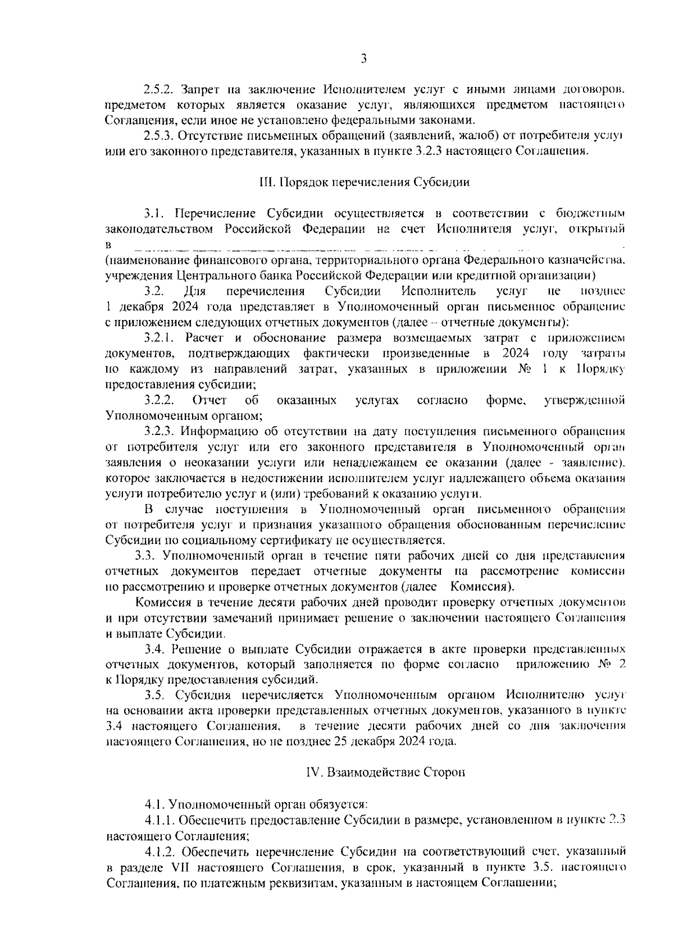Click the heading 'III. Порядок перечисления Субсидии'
tap(363, 182)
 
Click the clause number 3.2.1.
tap(161, 338)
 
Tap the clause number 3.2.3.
tap(161, 432)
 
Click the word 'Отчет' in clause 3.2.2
tap(210, 400)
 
